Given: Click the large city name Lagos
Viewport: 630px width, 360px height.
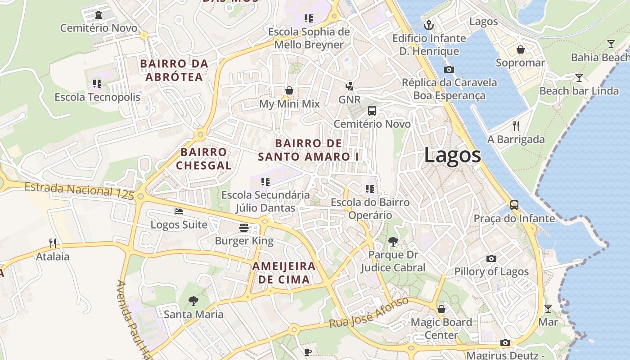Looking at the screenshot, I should pyautogui.click(x=452, y=156).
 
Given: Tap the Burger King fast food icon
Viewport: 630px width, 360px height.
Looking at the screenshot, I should pyautogui.click(x=244, y=228).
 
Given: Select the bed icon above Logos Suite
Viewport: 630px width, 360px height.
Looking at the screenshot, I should pyautogui.click(x=179, y=211).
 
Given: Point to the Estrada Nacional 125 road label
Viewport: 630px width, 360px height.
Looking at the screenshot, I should pyautogui.click(x=79, y=190).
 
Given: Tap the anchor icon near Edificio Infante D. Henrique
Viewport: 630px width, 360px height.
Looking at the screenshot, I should pyautogui.click(x=429, y=25).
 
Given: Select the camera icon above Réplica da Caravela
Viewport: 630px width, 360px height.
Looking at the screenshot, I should pyautogui.click(x=449, y=69).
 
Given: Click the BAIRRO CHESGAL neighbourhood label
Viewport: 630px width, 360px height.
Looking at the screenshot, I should pyautogui.click(x=203, y=159).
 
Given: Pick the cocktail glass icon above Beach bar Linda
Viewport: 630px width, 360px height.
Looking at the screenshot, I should pyautogui.click(x=579, y=78).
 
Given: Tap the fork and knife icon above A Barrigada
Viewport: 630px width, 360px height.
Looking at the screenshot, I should pyautogui.click(x=516, y=126).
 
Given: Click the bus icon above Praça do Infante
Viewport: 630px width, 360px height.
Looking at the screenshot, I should pyautogui.click(x=514, y=205).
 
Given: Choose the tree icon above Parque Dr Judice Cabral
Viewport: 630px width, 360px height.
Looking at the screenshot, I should pyautogui.click(x=393, y=242).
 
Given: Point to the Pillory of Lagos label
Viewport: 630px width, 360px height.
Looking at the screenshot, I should pyautogui.click(x=491, y=271).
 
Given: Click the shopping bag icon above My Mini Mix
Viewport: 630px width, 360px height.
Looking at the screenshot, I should pyautogui.click(x=289, y=90).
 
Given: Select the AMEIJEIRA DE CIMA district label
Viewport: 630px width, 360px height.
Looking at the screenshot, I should pyautogui.click(x=284, y=272).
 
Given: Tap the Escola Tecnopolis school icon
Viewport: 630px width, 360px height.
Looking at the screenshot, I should pyautogui.click(x=97, y=84).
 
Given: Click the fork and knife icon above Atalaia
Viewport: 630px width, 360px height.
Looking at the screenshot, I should pyautogui.click(x=53, y=243).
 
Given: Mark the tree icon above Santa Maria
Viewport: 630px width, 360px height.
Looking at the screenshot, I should pyautogui.click(x=193, y=301).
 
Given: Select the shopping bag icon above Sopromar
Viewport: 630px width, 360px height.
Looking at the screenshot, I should pyautogui.click(x=520, y=49).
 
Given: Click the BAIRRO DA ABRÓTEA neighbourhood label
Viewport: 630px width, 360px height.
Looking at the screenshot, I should pyautogui.click(x=174, y=70).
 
